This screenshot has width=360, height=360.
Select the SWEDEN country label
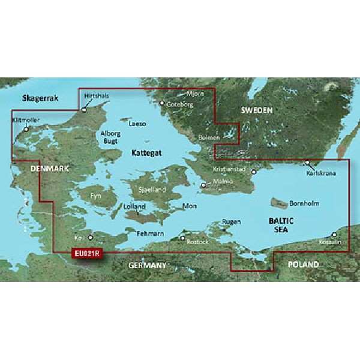point(256,111)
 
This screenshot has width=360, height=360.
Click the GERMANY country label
point(146,265)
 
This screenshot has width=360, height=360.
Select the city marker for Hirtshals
point(84,110)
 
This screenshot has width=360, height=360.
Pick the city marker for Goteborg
point(161,103)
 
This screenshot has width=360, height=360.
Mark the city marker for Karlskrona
point(307,162)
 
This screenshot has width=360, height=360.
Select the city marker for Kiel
point(91,237)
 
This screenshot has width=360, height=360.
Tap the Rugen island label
point(232,221)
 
